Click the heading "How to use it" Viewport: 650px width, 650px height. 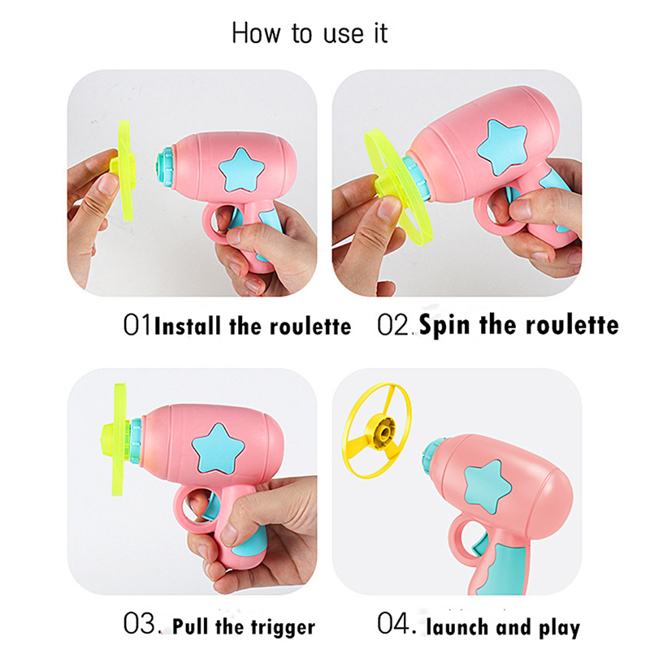coord(310,33)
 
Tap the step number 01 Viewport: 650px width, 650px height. coord(137,325)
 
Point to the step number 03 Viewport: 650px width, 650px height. coord(140,623)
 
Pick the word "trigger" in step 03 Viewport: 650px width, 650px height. coord(286,627)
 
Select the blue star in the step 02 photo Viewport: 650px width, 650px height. coord(502,146)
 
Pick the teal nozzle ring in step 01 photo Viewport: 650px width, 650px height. coord(166,168)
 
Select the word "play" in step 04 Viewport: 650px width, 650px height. coord(559,628)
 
